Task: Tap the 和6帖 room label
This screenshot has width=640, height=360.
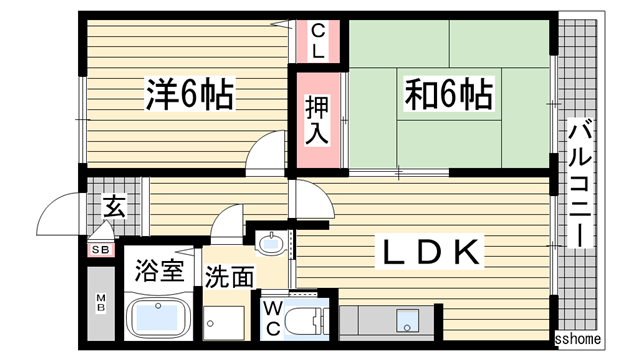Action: [x=448, y=95]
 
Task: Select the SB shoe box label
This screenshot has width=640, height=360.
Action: [x=101, y=249]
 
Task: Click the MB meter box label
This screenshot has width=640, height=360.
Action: [x=100, y=299]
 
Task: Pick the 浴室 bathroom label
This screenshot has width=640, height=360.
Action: [x=158, y=270]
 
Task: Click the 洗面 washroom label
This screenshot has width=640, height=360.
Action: [x=228, y=276]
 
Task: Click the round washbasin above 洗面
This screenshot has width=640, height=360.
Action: [x=270, y=241]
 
